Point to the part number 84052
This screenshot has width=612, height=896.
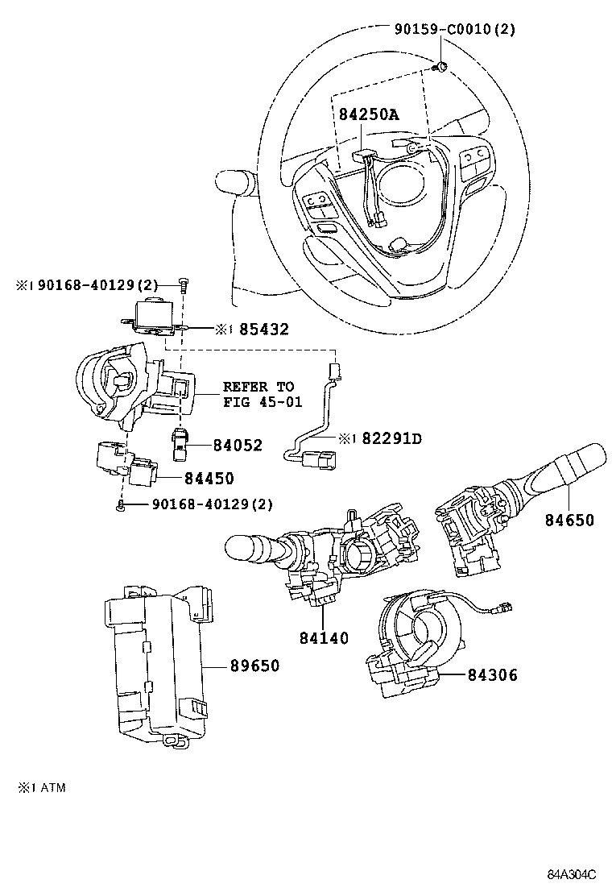[x=238, y=445]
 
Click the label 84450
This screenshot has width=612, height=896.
[x=209, y=479]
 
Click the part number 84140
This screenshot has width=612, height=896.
[x=324, y=638]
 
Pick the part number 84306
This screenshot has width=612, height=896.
[x=493, y=675]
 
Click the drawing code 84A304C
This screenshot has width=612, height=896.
[x=572, y=875]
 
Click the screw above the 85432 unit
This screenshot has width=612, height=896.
[x=184, y=284]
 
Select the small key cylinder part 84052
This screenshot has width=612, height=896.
[x=180, y=444]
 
